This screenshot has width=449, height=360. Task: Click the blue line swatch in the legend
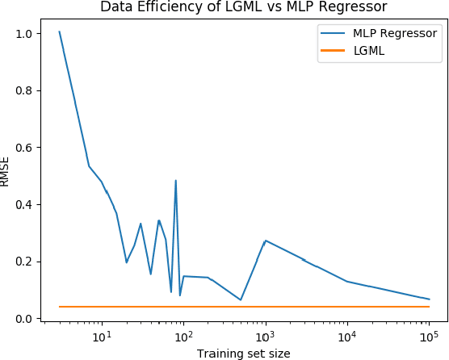click(x=335, y=33)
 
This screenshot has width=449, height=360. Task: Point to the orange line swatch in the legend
click(x=335, y=50)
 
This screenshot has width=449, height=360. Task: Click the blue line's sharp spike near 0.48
click(x=175, y=181)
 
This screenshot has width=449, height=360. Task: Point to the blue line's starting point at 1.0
click(x=59, y=32)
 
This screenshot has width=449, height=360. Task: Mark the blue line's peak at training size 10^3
click(x=265, y=241)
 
